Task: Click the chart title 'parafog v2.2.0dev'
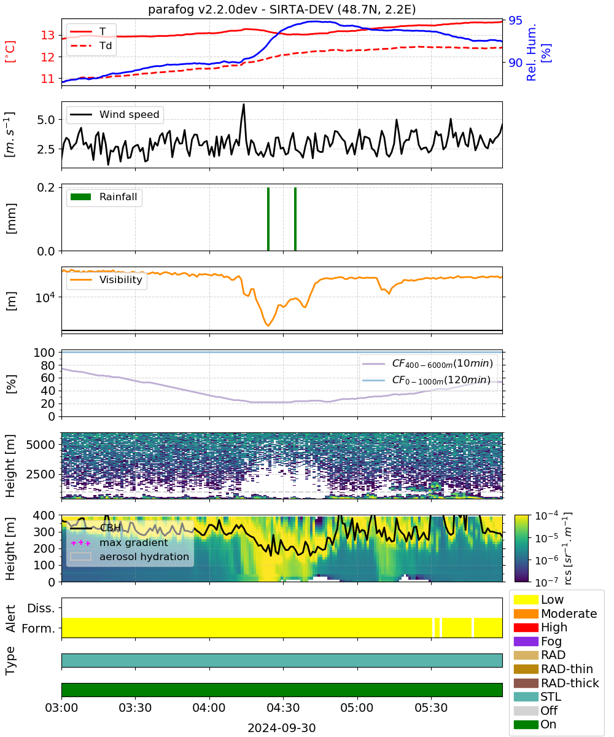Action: tap(203, 10)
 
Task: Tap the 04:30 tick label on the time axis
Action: tap(283, 708)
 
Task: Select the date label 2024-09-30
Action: tap(282, 728)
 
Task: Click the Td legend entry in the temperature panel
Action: tap(91, 46)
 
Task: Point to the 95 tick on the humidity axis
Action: tap(515, 20)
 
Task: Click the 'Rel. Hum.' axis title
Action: tap(532, 52)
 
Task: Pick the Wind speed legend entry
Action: tap(115, 114)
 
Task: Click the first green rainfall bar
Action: tap(268, 219)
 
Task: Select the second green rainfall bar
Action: tap(295, 219)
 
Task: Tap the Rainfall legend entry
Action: tap(104, 197)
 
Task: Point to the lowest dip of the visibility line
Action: tap(268, 326)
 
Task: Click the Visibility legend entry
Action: tap(106, 279)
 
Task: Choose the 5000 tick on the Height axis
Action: tap(41, 445)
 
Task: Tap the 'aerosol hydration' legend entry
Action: tap(130, 556)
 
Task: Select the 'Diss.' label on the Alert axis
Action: tap(41, 608)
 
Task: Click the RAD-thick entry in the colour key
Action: tap(556, 683)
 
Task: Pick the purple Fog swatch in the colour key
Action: tap(526, 641)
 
